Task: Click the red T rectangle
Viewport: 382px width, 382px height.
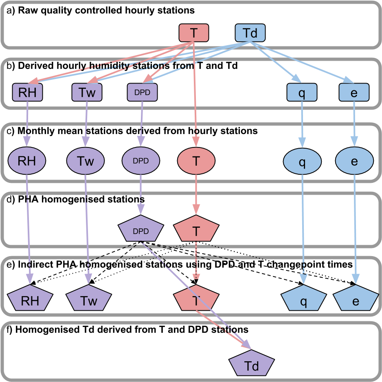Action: pos(194,33)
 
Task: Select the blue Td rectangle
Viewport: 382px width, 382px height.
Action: pos(250,33)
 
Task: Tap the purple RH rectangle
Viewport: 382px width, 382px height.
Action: pos(27,92)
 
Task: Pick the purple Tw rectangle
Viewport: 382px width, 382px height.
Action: pos(87,92)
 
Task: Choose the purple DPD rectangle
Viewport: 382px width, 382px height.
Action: pos(142,92)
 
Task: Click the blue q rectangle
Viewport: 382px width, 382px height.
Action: pos(302,92)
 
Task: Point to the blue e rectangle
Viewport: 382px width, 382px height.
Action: pos(354,92)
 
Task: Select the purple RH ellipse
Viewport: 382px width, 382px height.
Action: pos(27,161)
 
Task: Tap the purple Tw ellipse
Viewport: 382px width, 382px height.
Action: pos(86,161)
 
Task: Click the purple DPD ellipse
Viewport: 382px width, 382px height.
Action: pos(141,161)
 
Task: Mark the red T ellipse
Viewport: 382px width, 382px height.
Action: pos(196,161)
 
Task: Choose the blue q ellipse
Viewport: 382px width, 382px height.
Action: pos(302,161)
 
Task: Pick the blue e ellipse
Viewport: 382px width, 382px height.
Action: pos(354,161)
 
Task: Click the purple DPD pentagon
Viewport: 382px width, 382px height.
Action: pos(141,230)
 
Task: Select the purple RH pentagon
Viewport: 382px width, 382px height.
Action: pos(30,300)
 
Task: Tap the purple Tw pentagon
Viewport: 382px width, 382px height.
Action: pos(88,300)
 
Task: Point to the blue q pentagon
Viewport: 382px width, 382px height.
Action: pos(303,300)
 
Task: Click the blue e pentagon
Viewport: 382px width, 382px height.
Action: pos(356,300)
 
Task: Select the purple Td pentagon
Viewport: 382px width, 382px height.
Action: pos(251,365)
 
